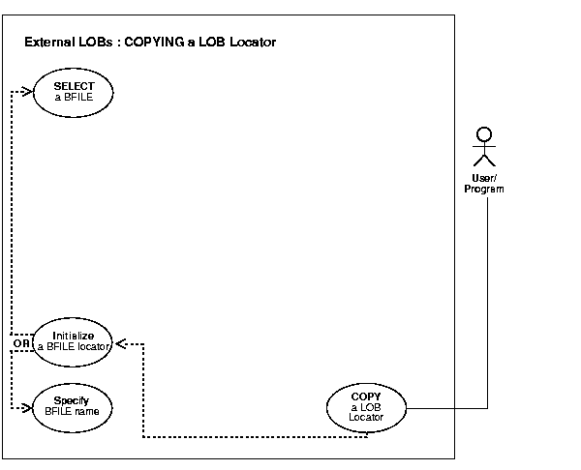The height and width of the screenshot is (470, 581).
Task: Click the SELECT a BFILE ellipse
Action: point(74,92)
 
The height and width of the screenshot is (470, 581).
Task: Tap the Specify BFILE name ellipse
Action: point(74,405)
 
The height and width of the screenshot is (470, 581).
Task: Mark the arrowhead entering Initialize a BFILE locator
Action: point(121,342)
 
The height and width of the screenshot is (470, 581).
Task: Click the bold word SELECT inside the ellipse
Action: point(74,86)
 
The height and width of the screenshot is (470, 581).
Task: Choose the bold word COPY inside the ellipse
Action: point(367,397)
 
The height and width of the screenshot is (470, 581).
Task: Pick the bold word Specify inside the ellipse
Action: point(74,399)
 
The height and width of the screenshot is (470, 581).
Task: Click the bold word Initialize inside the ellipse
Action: point(74,335)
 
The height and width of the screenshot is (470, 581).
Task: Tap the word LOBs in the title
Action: point(94,43)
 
